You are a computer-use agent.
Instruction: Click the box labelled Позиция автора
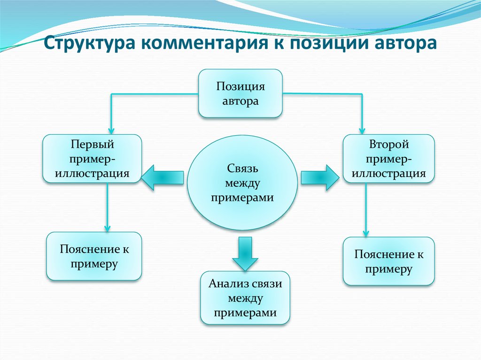240,93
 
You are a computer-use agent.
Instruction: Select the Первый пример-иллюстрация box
93,158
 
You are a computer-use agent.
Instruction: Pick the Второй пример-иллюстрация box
388,158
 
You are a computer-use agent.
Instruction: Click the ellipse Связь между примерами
242,184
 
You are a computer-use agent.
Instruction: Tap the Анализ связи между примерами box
245,298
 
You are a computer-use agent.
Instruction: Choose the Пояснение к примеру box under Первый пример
94,256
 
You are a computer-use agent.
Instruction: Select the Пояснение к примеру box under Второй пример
389,261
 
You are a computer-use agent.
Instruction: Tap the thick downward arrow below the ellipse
245,253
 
